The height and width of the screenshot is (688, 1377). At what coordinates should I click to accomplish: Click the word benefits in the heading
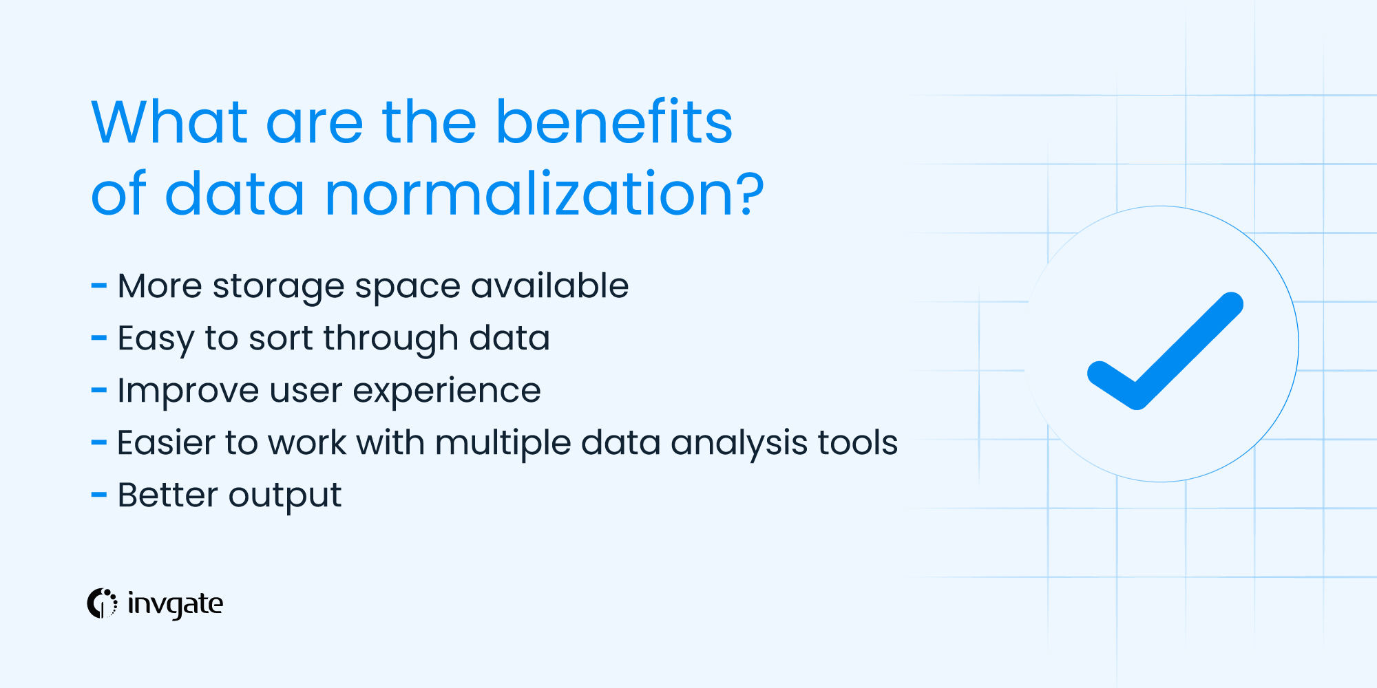[614, 122]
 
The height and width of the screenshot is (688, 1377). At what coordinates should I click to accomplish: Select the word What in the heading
[169, 122]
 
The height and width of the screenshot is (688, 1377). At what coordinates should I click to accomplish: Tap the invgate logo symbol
[102, 603]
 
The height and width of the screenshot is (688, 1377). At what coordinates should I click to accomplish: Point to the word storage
[278, 287]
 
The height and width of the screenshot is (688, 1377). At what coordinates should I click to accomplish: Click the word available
[549, 286]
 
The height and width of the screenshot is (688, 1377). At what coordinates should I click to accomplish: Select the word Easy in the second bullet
[156, 339]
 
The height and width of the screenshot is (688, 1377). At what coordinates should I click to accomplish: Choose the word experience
[446, 391]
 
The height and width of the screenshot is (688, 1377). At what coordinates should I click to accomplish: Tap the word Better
[167, 495]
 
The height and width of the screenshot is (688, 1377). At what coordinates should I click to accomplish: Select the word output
[284, 496]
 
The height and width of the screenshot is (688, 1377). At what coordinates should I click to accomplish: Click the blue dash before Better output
[99, 495]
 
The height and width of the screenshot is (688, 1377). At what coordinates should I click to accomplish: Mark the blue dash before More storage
[99, 286]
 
